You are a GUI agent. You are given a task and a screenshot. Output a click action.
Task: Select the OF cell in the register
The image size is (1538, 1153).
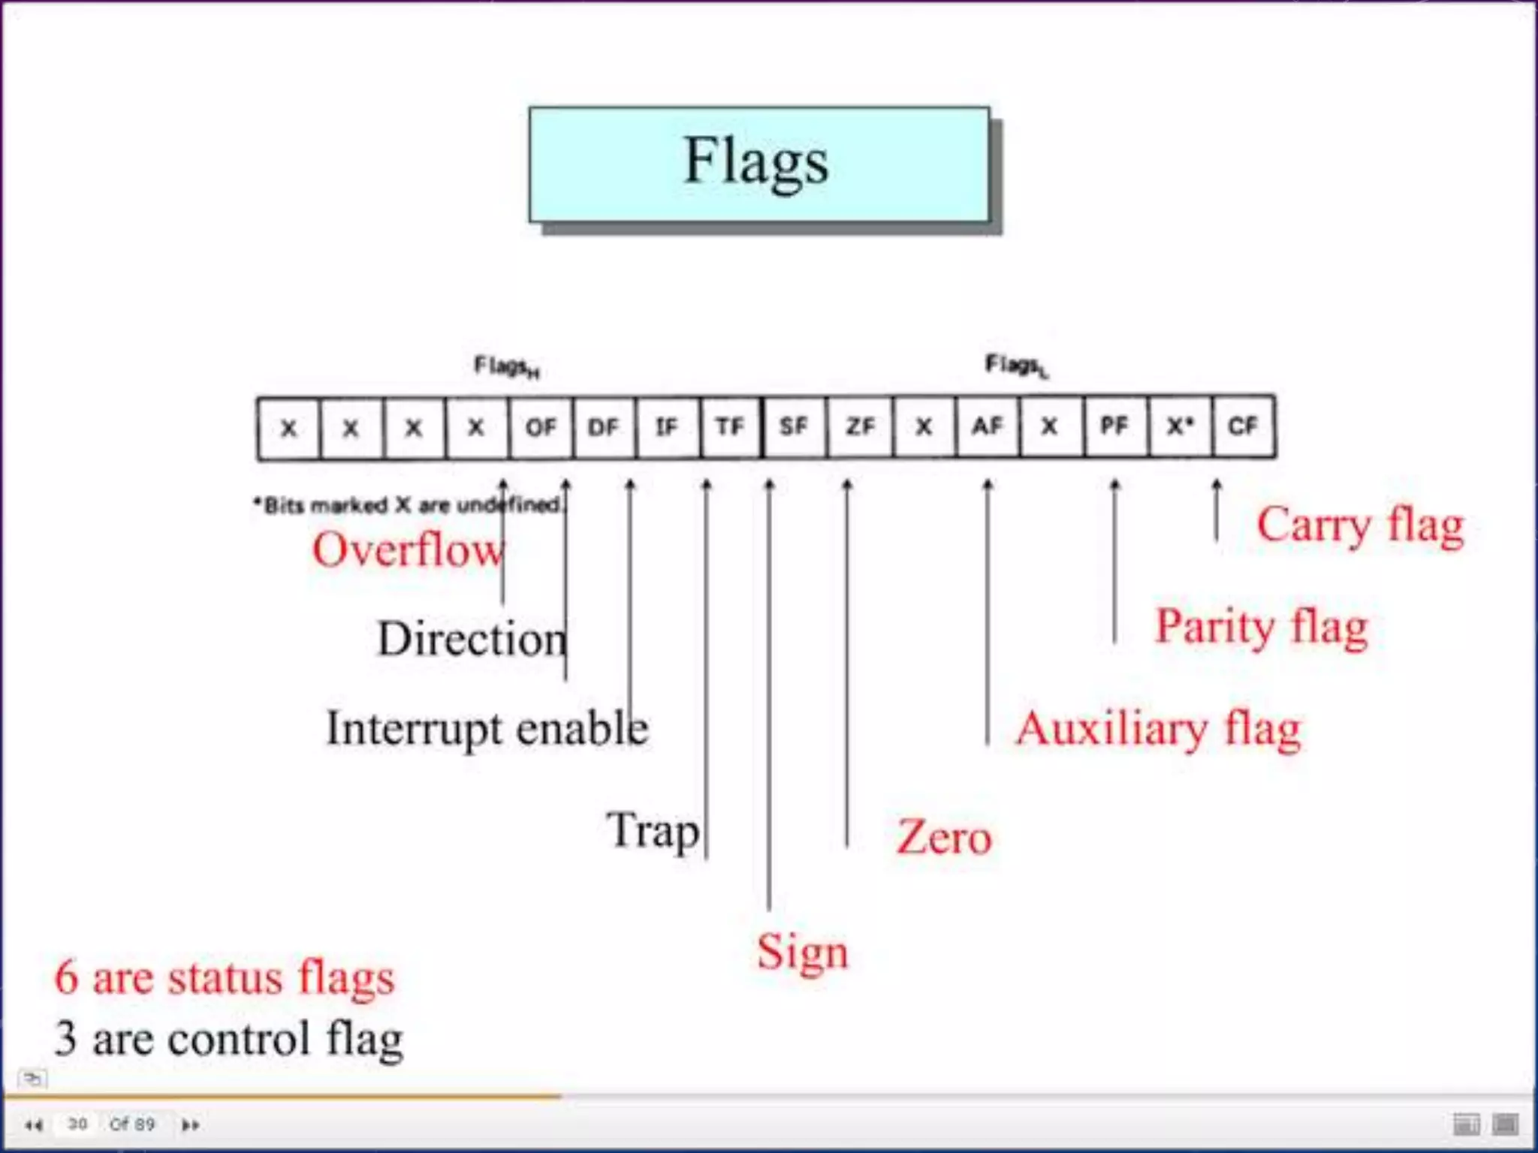pos(541,427)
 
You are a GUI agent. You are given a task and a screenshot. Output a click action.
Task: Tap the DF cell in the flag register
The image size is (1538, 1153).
pos(604,427)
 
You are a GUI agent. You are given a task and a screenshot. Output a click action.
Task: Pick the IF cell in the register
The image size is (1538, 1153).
pos(667,427)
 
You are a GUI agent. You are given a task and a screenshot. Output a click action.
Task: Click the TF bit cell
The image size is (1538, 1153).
pos(730,427)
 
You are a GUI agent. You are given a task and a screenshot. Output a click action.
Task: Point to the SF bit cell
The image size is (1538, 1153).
pos(794,427)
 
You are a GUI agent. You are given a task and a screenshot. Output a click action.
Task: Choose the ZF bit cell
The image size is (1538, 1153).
pos(860,427)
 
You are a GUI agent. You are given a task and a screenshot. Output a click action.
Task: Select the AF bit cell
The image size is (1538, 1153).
pos(988,427)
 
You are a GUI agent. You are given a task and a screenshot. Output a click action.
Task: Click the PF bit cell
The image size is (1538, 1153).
pos(1114,427)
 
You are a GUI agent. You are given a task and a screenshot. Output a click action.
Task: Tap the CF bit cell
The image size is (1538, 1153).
pos(1243,427)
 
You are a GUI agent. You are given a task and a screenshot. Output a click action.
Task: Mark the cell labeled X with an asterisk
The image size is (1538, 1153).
pos(1179,427)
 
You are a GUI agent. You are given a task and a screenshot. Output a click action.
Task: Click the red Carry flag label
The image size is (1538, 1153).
pos(1360,525)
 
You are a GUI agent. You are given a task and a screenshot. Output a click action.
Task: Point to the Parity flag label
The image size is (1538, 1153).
pos(1262,628)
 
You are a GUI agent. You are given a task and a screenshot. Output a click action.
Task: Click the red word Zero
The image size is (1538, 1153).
pos(944,838)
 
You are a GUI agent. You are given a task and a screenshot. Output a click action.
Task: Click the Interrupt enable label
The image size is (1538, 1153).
pos(487,728)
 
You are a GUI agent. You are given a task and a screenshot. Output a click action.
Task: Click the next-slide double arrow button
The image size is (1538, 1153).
pos(190,1124)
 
